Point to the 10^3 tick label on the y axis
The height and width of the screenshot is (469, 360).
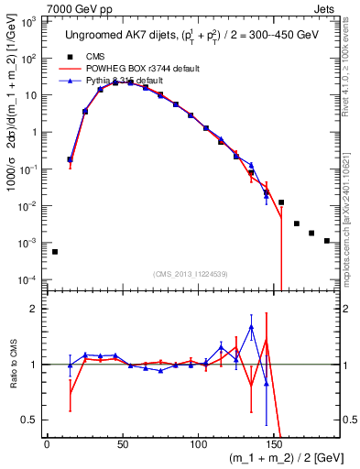coord(29,20)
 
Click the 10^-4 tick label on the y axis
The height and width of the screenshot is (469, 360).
coord(29,279)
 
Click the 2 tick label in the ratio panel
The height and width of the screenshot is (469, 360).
coord(35,308)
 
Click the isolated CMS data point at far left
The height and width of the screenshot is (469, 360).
coord(55,251)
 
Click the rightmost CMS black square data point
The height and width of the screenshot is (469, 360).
coord(327,241)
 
